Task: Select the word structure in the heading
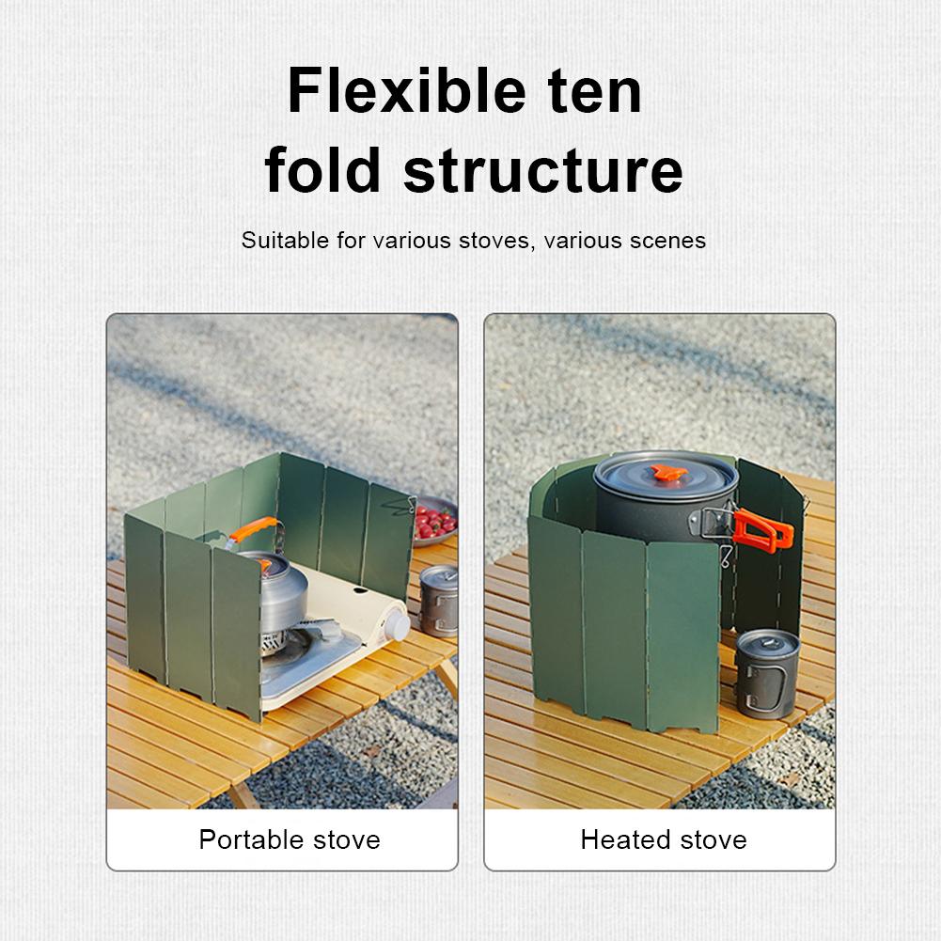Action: tap(542, 170)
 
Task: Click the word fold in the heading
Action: tap(323, 170)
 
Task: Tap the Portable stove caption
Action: tap(290, 839)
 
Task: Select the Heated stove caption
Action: tap(664, 839)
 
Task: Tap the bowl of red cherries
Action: tap(433, 522)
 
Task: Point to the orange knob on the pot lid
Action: tap(668, 473)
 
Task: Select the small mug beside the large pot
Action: tap(766, 672)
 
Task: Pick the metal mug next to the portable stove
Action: tap(438, 602)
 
